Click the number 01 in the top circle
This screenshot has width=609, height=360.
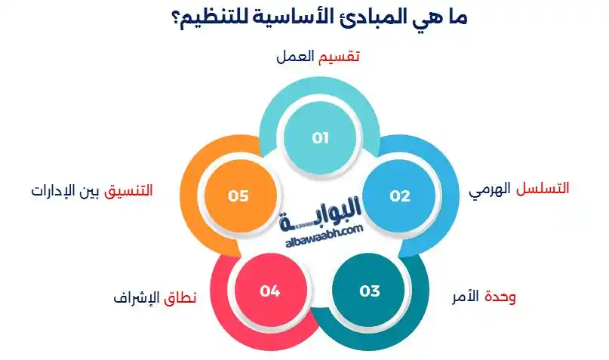coord(321,138)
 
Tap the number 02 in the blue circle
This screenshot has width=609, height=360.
coord(400,196)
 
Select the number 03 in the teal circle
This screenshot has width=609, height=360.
coord(370,291)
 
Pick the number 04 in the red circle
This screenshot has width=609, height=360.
coord(270,291)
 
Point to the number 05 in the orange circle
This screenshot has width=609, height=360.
coord(238,196)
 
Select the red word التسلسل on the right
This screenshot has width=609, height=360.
coord(543,189)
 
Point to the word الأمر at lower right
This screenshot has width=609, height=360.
coord(463,297)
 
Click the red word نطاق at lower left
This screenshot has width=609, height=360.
coord(180,297)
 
